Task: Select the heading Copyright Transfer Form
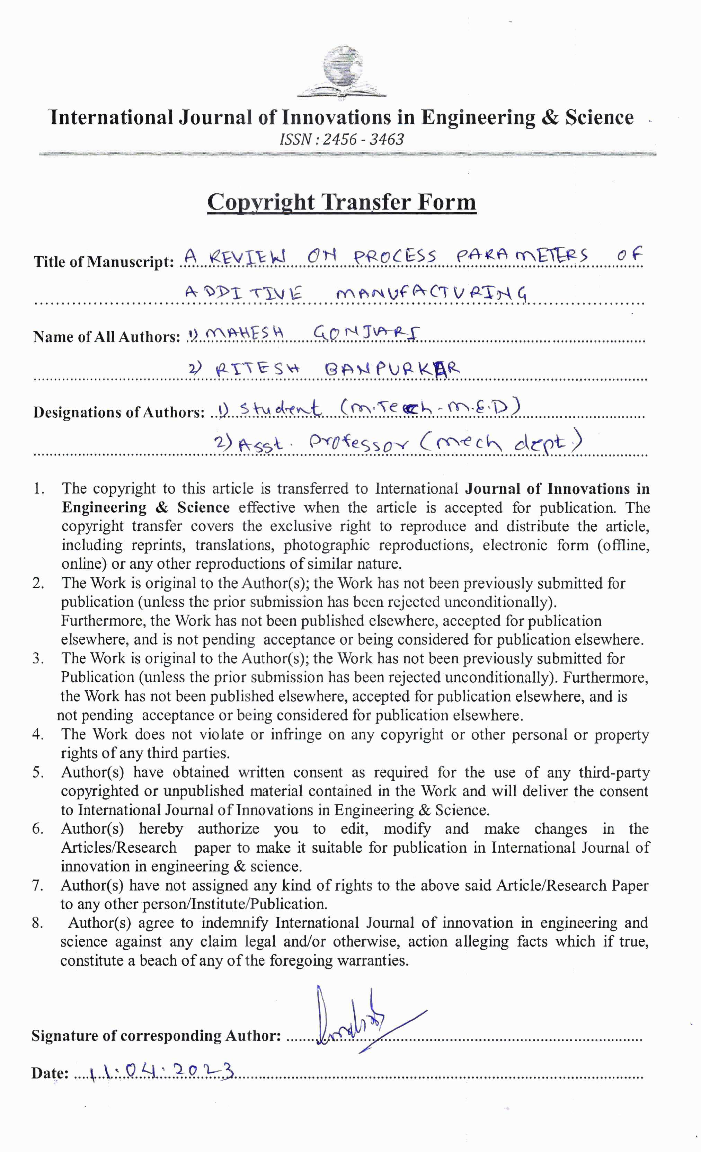(x=342, y=202)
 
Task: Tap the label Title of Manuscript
(x=103, y=262)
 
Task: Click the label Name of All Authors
(x=107, y=337)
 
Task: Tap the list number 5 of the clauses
(x=38, y=772)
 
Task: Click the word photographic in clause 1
(x=326, y=545)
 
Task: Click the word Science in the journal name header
(x=599, y=117)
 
